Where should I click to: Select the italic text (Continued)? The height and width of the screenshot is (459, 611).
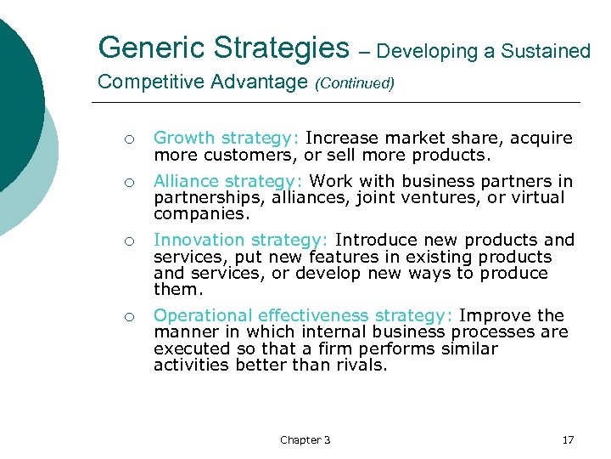coord(355,83)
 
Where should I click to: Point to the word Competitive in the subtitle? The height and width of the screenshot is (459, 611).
coord(149,82)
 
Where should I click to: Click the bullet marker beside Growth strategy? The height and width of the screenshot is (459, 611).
coord(125,139)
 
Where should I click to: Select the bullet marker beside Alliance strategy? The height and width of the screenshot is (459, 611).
coord(125,183)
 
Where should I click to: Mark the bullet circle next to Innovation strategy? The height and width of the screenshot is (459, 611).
coord(125,241)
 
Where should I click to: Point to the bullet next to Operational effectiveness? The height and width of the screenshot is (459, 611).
coord(125,317)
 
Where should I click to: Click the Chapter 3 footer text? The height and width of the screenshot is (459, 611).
coord(305,439)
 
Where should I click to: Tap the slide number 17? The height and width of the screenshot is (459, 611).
coord(568,439)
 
